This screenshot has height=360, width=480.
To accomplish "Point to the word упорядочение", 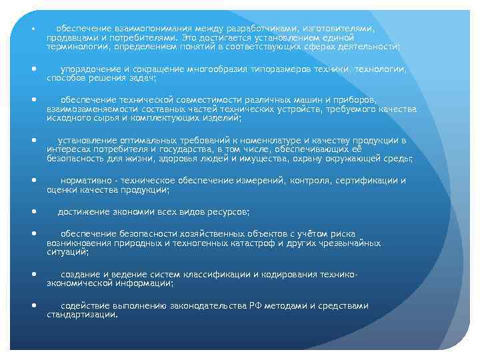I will click(91, 69).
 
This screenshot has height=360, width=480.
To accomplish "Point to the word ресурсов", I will click(227, 211).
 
